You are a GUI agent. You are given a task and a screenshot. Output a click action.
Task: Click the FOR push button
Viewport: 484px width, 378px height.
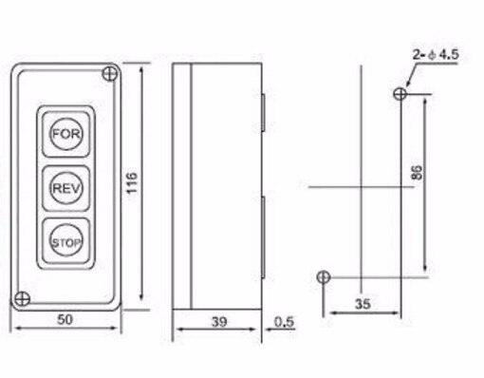[65, 134]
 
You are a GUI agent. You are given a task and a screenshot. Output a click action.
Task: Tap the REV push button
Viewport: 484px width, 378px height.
[65, 187]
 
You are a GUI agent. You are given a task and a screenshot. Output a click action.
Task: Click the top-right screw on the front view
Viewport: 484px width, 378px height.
[111, 72]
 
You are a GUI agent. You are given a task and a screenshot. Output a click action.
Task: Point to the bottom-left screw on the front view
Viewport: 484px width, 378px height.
[20, 297]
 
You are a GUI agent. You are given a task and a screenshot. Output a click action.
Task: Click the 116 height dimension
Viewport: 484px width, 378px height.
[132, 180]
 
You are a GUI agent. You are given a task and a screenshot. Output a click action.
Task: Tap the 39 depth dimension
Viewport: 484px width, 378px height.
[217, 322]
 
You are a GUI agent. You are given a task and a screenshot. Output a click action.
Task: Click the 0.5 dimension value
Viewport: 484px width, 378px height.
[283, 322]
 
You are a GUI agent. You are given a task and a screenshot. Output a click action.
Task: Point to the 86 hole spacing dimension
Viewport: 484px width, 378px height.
[418, 173]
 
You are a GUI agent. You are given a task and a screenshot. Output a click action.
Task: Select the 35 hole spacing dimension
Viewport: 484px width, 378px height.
[362, 306]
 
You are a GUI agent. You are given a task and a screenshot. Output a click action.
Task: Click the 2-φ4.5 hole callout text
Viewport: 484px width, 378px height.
[436, 56]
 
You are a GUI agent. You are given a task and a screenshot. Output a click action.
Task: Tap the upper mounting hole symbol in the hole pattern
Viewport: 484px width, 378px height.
[400, 93]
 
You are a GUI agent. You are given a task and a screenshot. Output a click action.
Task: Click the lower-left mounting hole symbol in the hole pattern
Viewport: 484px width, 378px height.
[324, 276]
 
